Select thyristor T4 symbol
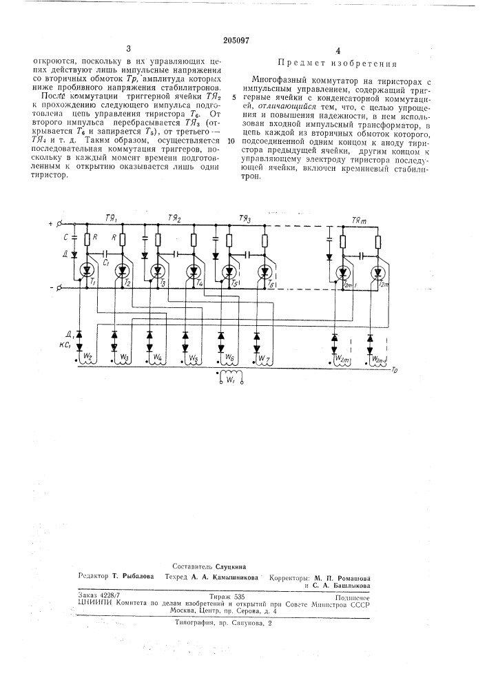[x=194, y=270]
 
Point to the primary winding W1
[x=229, y=378]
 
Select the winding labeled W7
[x=260, y=358]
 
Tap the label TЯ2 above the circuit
[x=174, y=218]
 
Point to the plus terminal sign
[x=51, y=225]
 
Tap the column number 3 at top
[x=128, y=49]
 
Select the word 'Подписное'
[x=354, y=599]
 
